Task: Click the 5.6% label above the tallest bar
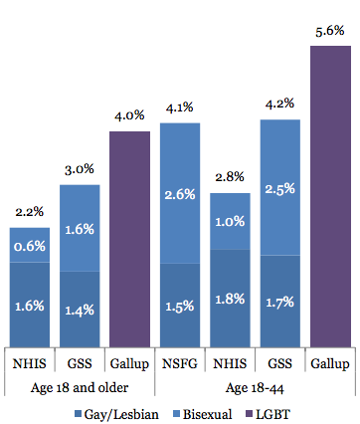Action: (330, 31)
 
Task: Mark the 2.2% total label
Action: (30, 212)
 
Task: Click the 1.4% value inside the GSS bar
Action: (80, 310)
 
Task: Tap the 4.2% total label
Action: (280, 104)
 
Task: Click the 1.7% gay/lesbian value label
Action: (280, 302)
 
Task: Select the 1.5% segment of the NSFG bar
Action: (180, 307)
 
